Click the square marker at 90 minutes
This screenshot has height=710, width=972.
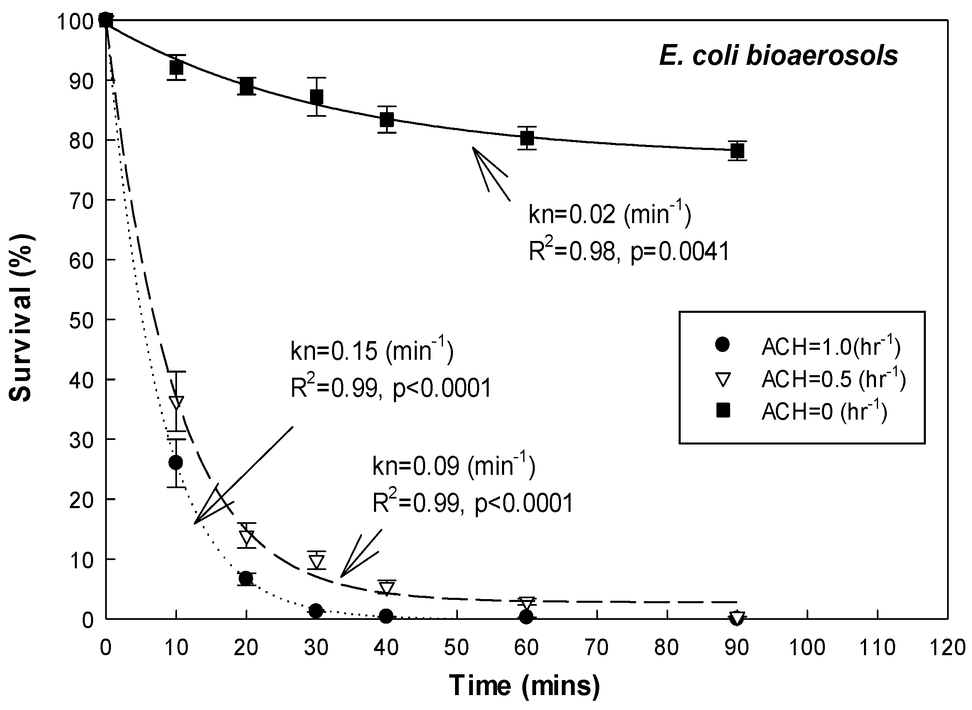click(x=737, y=151)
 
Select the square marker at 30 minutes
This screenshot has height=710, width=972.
click(x=316, y=97)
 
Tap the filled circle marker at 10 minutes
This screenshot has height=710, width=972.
click(x=176, y=462)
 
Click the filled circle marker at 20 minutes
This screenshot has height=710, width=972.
click(x=246, y=578)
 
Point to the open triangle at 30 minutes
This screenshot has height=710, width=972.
click(x=316, y=561)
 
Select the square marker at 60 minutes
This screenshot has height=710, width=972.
click(x=527, y=138)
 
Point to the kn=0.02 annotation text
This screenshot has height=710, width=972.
click(x=609, y=214)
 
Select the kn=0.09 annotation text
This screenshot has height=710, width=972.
click(x=453, y=466)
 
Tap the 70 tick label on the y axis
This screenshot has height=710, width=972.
click(x=81, y=201)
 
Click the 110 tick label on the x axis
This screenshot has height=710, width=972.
click(x=877, y=648)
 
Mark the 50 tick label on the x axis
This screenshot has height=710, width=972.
click(x=456, y=648)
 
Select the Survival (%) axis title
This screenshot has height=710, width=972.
click(x=21, y=319)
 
